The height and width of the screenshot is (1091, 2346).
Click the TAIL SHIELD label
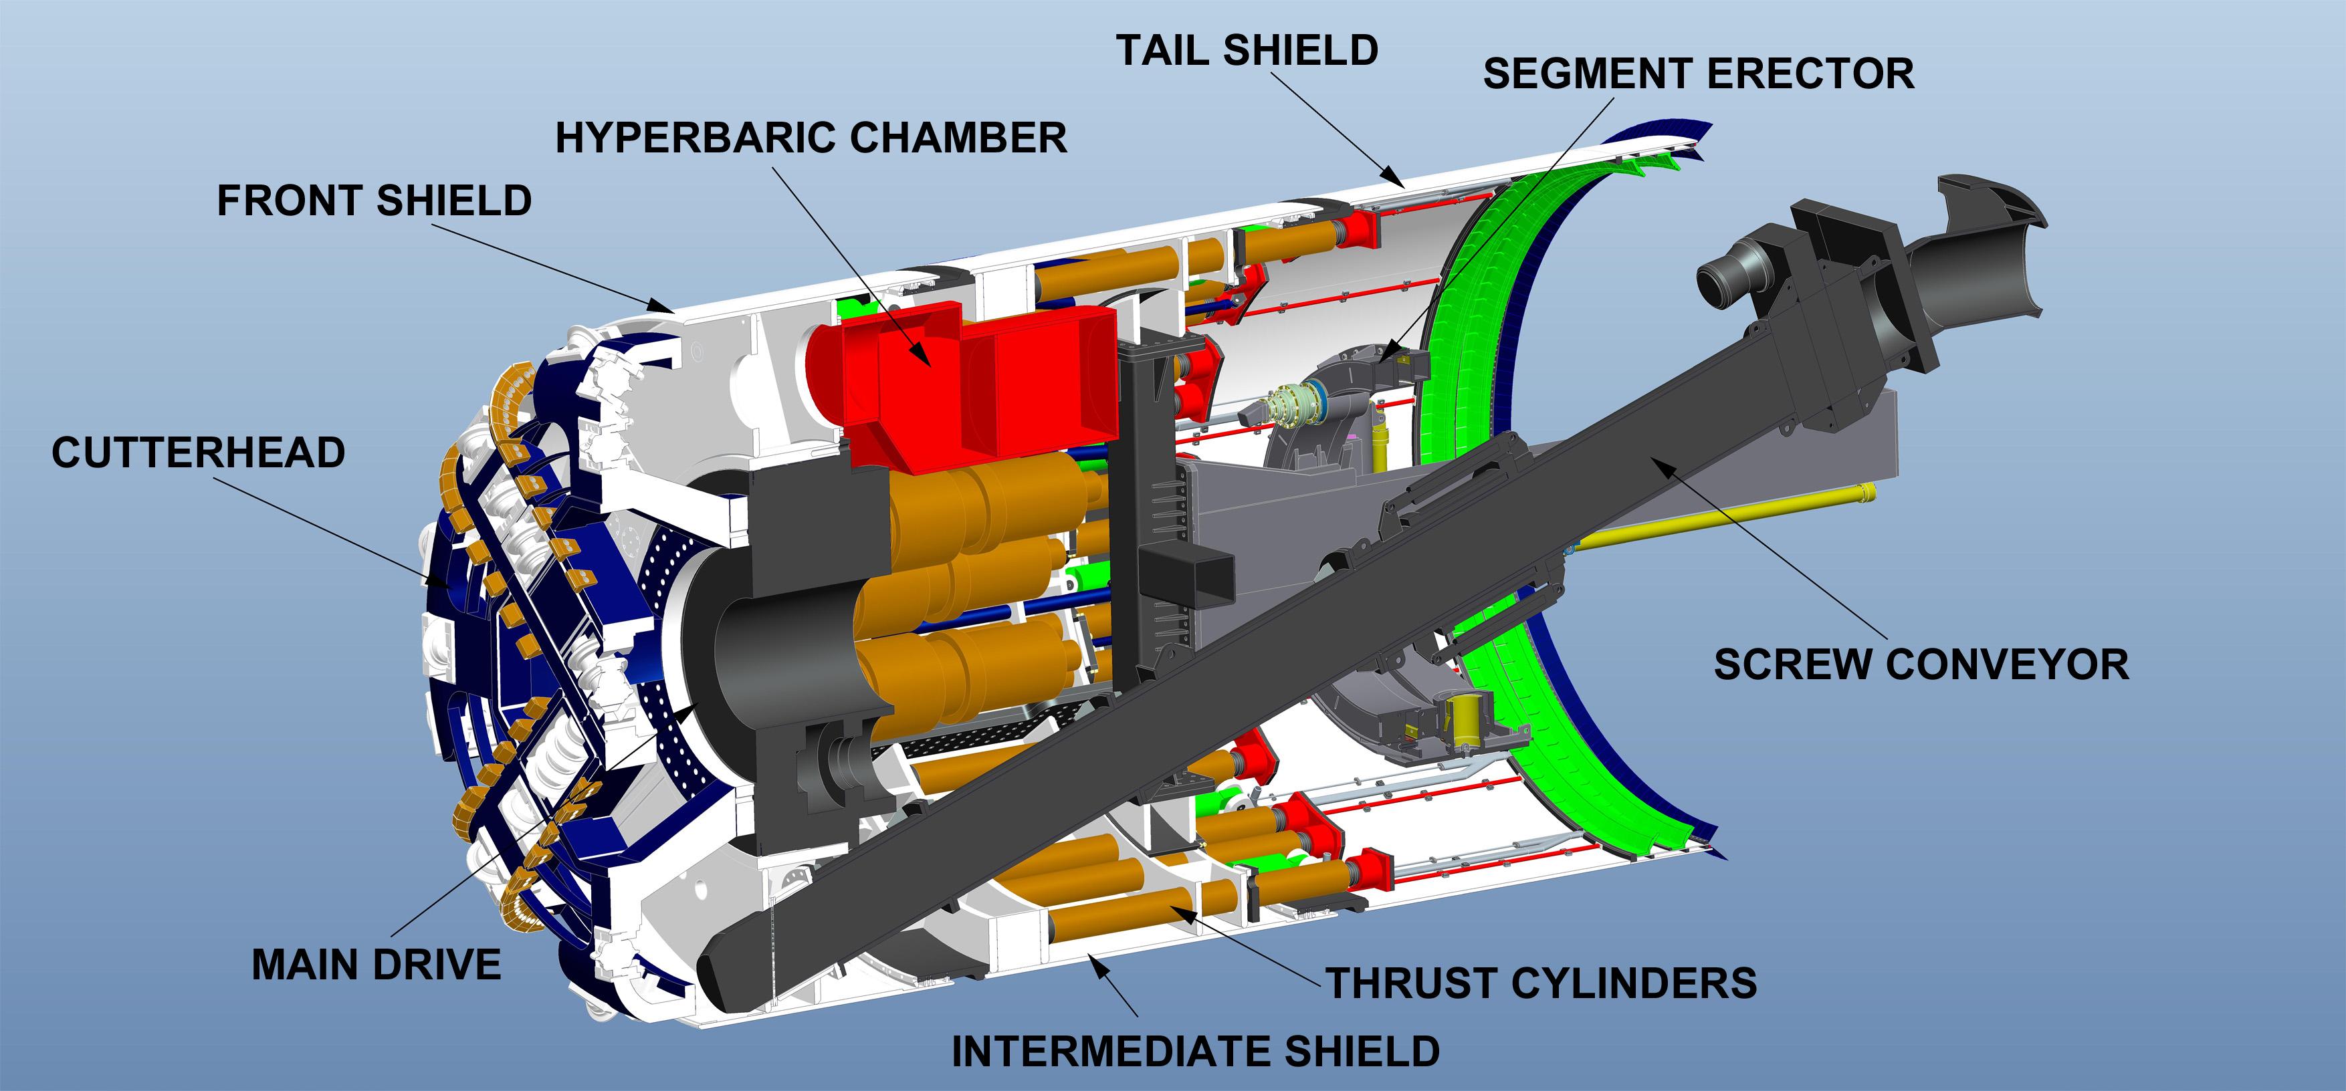click(1247, 50)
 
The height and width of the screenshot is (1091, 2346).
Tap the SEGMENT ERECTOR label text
click(1699, 74)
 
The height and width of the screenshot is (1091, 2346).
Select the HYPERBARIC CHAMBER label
click(811, 138)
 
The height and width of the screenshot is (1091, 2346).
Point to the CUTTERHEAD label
click(198, 453)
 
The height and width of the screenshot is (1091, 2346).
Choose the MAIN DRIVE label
click(376, 965)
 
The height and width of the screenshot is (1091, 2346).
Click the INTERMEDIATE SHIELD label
click(1195, 1052)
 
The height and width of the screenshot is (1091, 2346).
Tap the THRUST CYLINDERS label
click(1541, 983)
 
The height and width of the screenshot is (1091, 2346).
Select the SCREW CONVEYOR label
click(1921, 664)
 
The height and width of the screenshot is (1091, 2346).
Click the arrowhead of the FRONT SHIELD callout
click(665, 305)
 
